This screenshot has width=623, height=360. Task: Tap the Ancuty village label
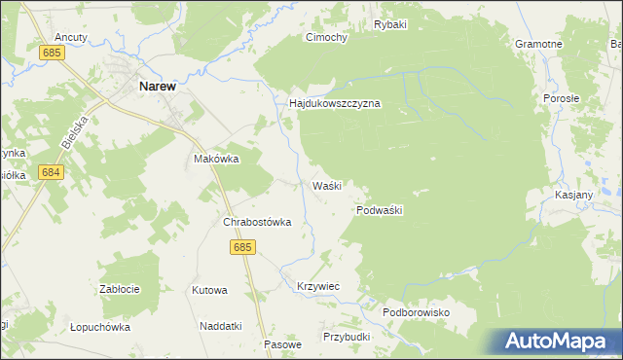(x=72, y=37)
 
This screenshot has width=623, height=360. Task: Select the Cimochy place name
(x=327, y=37)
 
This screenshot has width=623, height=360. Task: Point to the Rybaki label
(x=389, y=24)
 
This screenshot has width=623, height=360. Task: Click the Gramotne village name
(x=539, y=45)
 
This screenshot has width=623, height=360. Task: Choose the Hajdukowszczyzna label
(x=334, y=102)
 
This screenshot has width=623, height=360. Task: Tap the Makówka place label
(x=216, y=159)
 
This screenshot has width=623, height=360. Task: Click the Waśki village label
(x=326, y=185)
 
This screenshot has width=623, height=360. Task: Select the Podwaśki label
(x=380, y=209)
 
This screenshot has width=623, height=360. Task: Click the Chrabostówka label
(x=258, y=222)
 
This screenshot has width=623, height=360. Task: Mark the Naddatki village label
(x=220, y=326)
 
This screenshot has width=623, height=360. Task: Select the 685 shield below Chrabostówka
(x=242, y=248)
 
